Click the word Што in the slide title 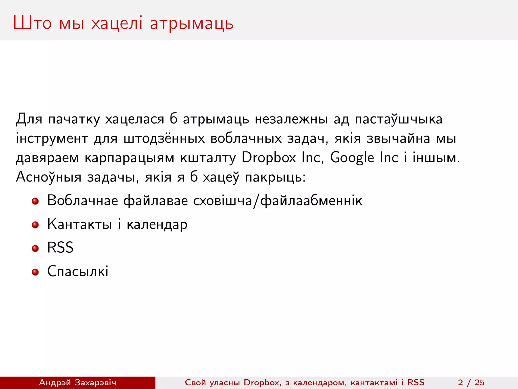click(32, 23)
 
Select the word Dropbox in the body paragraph click(269, 158)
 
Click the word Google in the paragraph click(352, 158)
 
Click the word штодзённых click(164, 138)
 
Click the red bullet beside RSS click(35, 248)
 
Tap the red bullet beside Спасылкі click(35, 272)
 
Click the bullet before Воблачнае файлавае click(35, 201)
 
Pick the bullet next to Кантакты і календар click(35, 225)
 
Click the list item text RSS click(60, 247)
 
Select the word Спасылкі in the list click(78, 271)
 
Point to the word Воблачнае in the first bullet click(82, 200)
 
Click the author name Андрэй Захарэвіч click(77, 382)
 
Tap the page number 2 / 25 click(471, 382)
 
